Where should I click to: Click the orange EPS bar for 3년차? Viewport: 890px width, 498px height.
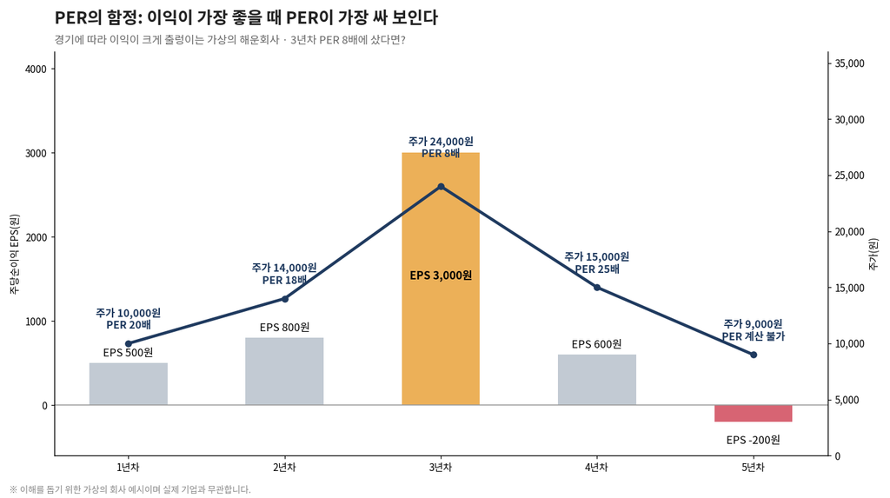click(x=441, y=279)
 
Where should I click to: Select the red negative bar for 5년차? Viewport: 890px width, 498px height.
click(x=754, y=414)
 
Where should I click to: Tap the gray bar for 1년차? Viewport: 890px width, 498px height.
click(x=129, y=384)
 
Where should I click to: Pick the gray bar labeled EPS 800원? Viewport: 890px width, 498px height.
click(x=284, y=371)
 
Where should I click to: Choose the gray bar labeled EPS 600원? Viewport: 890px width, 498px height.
click(x=597, y=380)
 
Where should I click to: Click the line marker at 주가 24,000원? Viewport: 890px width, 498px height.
click(x=441, y=187)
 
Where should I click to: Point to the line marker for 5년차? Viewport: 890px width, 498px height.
click(x=754, y=355)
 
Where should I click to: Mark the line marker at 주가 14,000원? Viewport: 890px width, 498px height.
click(x=285, y=299)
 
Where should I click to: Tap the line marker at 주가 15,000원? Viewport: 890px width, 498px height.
click(x=597, y=288)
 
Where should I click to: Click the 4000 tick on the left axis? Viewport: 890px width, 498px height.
click(x=37, y=69)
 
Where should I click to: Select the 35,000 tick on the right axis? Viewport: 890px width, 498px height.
click(x=849, y=63)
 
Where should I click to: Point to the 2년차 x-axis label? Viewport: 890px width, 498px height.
click(x=284, y=468)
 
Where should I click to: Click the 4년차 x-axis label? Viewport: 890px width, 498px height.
click(x=596, y=468)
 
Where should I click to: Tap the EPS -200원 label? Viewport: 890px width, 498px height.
click(x=754, y=440)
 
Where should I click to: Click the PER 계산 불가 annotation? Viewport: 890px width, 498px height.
click(x=754, y=336)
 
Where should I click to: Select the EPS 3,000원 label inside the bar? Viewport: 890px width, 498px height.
click(x=441, y=276)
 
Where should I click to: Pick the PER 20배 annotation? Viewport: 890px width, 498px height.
click(x=129, y=325)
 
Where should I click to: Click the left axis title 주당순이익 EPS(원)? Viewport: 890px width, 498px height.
click(x=15, y=254)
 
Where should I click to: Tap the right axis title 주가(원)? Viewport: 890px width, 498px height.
click(x=873, y=254)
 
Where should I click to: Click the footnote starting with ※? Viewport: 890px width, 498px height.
click(x=130, y=489)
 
